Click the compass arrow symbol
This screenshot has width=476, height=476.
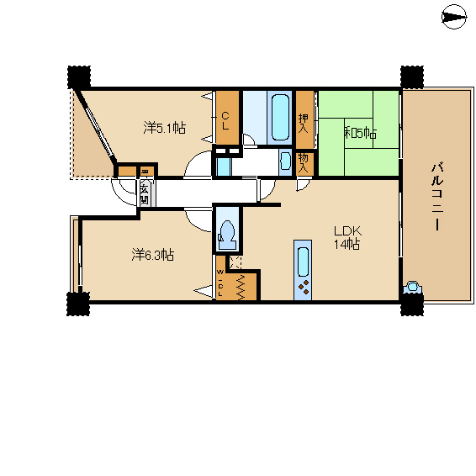(454, 17)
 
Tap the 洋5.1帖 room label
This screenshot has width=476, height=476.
(165, 128)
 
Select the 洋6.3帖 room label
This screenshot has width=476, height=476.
(153, 255)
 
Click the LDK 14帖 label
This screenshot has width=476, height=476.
(347, 237)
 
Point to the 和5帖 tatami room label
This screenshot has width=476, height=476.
(360, 133)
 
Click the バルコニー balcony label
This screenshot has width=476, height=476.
(437, 198)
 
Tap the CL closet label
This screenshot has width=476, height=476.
(225, 121)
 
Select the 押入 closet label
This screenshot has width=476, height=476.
(304, 124)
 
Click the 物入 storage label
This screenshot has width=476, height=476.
(304, 163)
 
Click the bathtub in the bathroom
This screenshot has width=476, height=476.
(280, 117)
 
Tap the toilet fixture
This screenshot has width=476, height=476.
(226, 235)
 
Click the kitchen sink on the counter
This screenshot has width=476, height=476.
(303, 262)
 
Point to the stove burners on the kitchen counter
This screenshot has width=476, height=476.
(304, 287)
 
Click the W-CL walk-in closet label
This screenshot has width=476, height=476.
(220, 283)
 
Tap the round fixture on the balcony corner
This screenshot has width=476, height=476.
(412, 287)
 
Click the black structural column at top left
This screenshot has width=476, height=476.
(79, 77)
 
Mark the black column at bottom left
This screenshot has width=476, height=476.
(78, 304)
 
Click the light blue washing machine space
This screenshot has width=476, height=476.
(224, 167)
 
